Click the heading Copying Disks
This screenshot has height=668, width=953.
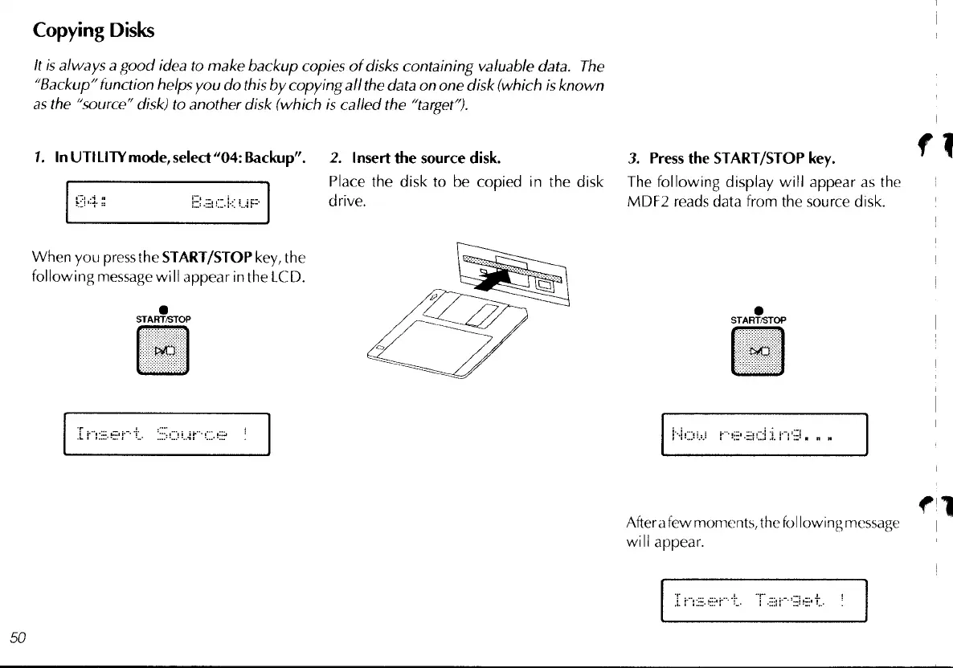click(x=92, y=31)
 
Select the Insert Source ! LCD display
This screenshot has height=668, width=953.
click(x=166, y=434)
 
